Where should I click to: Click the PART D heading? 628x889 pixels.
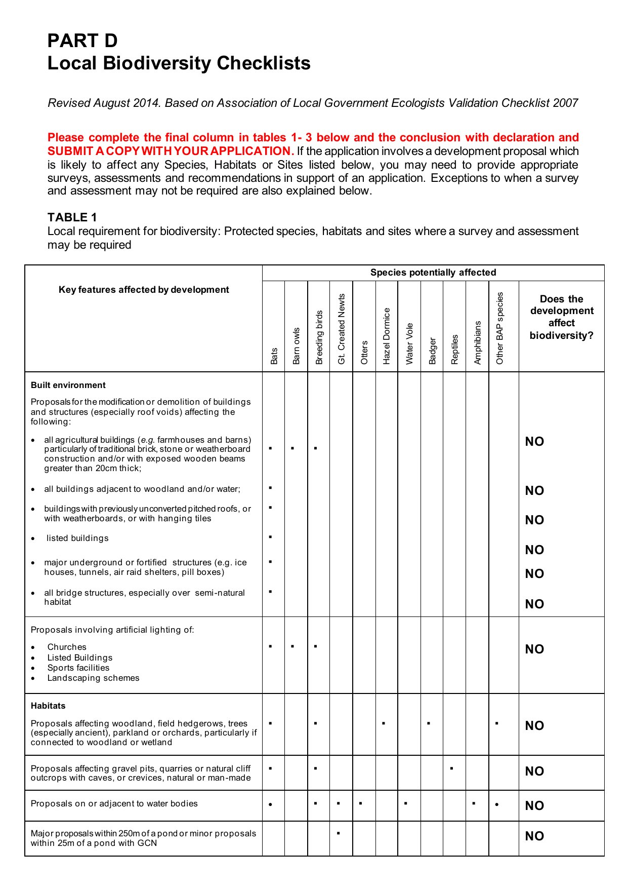coord(82,41)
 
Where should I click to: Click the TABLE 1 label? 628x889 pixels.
coord(72,217)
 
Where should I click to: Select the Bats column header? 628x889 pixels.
coord(274,356)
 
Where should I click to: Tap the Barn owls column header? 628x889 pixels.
coord(296,345)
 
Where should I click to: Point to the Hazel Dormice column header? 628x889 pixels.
coord(387,336)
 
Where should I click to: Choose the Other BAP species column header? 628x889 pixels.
coord(500,328)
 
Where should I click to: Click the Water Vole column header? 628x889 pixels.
coord(409,343)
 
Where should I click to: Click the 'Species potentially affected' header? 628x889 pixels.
coord(433,273)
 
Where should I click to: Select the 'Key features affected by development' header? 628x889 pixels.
coord(144,290)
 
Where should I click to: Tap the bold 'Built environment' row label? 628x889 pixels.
coord(68,385)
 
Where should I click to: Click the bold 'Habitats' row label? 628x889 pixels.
coord(48,706)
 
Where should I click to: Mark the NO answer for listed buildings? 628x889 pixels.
coord(534,550)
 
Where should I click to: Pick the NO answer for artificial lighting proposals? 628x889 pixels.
coord(534,649)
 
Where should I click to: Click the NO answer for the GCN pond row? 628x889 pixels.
coord(534,836)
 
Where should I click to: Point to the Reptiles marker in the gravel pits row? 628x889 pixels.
coord(451,768)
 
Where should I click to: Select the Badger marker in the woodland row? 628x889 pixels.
coord(429,723)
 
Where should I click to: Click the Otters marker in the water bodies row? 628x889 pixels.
coord(361,803)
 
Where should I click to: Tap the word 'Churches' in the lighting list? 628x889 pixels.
coord(67,647)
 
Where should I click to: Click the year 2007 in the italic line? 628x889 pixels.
coord(565,103)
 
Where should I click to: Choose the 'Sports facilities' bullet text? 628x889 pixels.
coord(78,668)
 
